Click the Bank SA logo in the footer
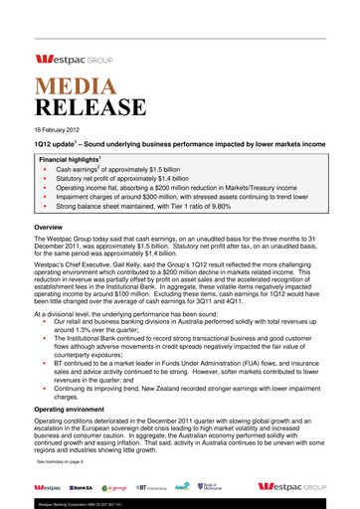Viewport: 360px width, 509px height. point(83,487)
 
